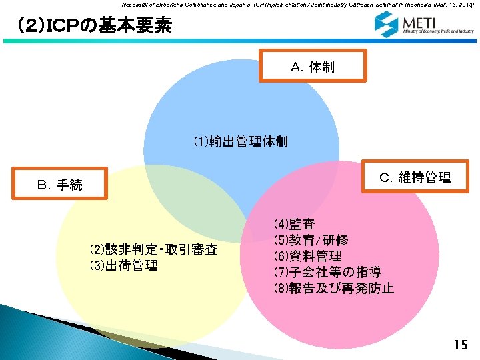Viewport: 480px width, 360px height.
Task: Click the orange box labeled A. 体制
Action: click(x=313, y=67)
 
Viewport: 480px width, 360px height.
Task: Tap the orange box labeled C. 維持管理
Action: click(x=415, y=177)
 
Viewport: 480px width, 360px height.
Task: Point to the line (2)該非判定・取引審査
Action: click(x=153, y=251)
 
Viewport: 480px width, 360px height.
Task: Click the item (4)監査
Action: click(x=294, y=224)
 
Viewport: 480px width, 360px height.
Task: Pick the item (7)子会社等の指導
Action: click(x=327, y=272)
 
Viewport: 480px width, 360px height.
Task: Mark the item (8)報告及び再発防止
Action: click(x=333, y=289)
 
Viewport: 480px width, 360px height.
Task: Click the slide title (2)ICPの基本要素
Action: click(x=93, y=27)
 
